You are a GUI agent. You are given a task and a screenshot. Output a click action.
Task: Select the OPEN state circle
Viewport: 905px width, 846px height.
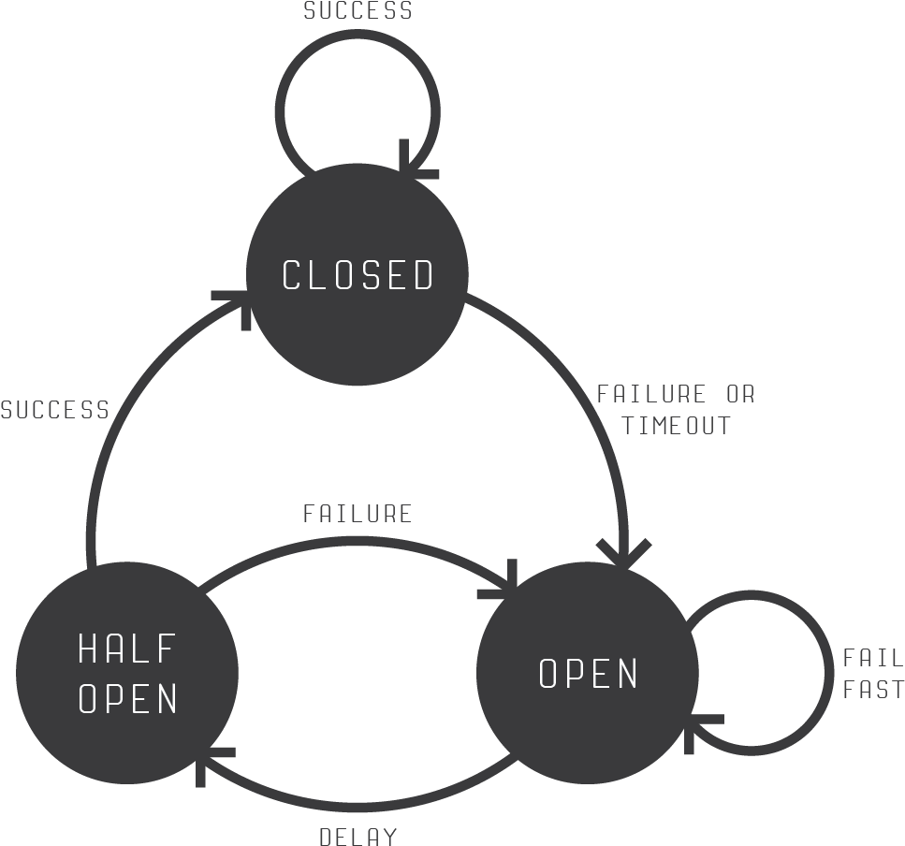coord(588,721)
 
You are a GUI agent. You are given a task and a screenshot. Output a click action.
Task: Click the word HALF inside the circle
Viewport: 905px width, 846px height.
coord(127,648)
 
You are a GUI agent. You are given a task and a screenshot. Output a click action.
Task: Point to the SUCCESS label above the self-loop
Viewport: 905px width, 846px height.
coord(358,11)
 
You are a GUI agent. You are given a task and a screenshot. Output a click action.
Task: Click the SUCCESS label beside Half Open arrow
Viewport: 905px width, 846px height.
coord(55,410)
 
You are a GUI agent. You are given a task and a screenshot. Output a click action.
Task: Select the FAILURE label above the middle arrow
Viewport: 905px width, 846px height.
coord(358,514)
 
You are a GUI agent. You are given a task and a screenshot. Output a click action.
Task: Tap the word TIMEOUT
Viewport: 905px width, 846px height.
coord(676,425)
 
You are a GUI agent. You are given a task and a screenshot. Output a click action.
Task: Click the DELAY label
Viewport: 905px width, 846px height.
coord(358,836)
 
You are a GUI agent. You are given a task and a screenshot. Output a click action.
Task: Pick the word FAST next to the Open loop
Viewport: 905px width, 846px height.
coord(872,690)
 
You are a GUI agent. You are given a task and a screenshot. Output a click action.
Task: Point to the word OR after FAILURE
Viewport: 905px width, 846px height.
coord(739,394)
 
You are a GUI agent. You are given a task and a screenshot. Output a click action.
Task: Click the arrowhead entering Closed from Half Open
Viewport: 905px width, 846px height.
coord(240,302)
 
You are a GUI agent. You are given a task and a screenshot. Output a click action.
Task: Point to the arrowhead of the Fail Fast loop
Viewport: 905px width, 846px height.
coord(697,726)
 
